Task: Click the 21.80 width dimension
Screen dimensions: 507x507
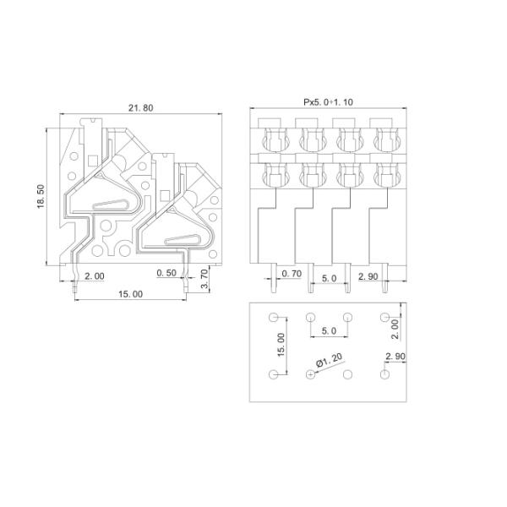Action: [140, 107]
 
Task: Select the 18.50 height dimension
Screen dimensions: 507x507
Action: [41, 196]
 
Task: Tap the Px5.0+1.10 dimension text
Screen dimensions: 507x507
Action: [328, 102]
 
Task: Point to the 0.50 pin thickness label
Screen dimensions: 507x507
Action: [166, 273]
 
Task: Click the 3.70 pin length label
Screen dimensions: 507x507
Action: [204, 279]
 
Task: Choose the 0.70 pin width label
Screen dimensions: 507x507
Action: [292, 274]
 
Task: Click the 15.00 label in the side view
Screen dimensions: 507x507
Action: [130, 294]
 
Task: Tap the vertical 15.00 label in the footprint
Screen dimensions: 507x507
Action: [281, 345]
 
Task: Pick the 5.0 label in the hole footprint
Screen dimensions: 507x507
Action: [330, 330]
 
